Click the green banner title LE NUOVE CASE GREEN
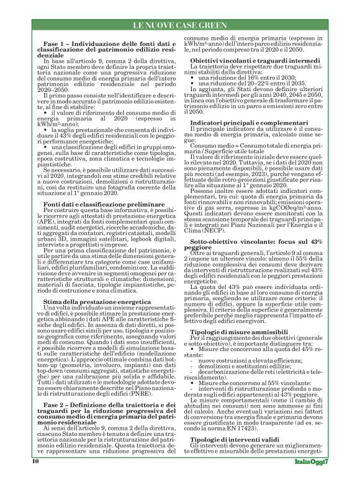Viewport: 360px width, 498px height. pyautogui.click(x=179, y=25)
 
